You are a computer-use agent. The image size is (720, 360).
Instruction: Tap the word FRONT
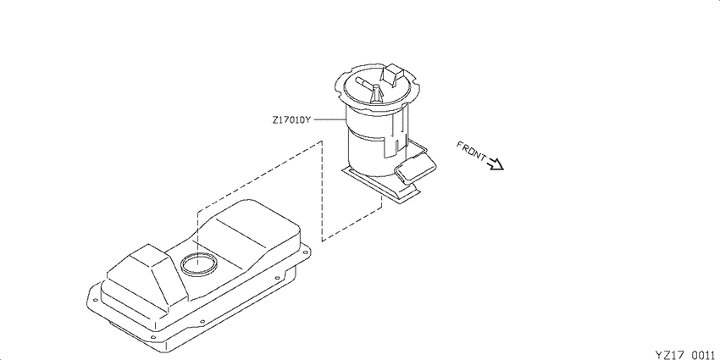click(471, 151)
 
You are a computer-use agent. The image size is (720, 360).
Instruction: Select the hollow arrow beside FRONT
click(496, 163)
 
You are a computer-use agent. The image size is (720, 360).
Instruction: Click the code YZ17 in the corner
click(670, 354)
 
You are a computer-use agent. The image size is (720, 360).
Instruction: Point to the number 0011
click(702, 354)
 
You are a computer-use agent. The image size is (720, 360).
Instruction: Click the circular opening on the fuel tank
click(199, 265)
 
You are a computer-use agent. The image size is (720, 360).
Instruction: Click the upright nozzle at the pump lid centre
click(376, 94)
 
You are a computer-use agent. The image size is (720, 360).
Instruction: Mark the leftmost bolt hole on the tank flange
click(95, 301)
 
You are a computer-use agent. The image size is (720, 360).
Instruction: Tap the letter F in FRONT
click(459, 144)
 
